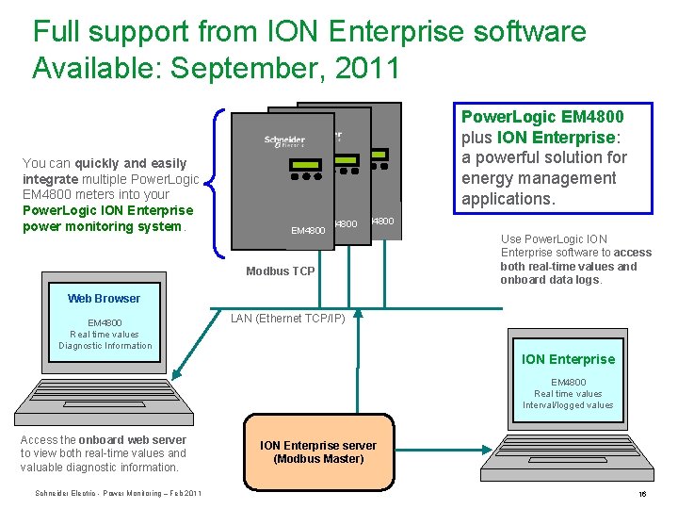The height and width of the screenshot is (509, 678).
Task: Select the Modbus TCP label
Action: pyautogui.click(x=281, y=271)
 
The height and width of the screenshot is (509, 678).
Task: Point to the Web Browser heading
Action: pyautogui.click(x=104, y=299)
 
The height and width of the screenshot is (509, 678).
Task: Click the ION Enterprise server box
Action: pyautogui.click(x=317, y=452)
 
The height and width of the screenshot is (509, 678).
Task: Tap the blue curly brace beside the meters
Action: pyautogui.click(x=219, y=182)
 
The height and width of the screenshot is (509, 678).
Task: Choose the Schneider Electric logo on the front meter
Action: pyautogui.click(x=284, y=141)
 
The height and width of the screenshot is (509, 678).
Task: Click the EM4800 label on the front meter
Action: pyautogui.click(x=308, y=229)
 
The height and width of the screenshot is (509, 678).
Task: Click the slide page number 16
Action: pyautogui.click(x=642, y=494)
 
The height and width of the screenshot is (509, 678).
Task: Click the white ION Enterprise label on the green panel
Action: pyautogui.click(x=568, y=359)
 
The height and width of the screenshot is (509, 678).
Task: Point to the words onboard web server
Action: pyautogui.click(x=133, y=440)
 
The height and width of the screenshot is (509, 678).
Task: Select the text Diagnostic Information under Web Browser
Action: pyautogui.click(x=105, y=346)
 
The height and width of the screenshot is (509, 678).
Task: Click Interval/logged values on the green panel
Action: pyautogui.click(x=568, y=405)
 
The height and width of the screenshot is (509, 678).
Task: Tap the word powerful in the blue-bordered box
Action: pyautogui.click(x=513, y=157)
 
